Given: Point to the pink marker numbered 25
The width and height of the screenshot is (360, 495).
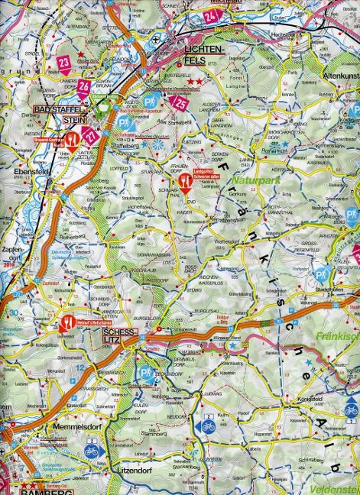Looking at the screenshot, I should click(x=181, y=102).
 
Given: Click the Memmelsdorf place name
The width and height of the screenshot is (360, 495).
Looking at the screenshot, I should click(x=74, y=425).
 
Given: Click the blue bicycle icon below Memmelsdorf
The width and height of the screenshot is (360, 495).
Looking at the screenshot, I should click(x=91, y=451).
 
